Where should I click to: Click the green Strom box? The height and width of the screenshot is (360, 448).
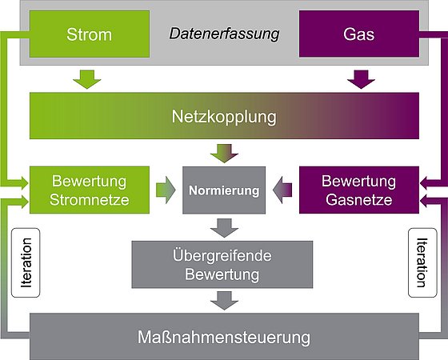90,34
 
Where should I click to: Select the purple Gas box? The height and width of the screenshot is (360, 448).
359,34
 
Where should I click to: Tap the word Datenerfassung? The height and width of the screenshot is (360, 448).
224,34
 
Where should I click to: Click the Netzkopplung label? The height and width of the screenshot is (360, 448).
224,117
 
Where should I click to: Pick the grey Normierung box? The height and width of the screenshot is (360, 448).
224,190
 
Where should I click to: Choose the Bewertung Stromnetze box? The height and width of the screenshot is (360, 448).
90,190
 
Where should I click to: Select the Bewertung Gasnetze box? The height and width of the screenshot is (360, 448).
359,190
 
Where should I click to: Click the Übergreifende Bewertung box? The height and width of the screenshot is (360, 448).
222,265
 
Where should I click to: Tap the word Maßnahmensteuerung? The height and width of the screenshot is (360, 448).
224,338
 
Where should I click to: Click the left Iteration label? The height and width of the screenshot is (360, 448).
26,262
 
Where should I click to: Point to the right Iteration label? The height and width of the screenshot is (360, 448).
422,262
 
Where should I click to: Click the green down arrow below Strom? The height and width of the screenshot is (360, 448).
87,79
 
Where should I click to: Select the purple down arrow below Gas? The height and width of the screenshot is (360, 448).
361,79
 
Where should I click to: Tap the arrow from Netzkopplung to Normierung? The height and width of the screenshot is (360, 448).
224,154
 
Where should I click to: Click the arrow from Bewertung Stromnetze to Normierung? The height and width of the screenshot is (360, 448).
166,190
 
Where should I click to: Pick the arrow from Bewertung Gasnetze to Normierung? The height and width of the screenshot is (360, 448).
282,190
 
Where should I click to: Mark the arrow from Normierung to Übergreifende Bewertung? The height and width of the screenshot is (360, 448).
224,228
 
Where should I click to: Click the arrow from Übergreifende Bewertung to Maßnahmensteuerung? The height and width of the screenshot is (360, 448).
224,301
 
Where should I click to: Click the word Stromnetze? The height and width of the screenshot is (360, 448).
90,200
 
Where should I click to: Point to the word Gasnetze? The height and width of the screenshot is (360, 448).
359,200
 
